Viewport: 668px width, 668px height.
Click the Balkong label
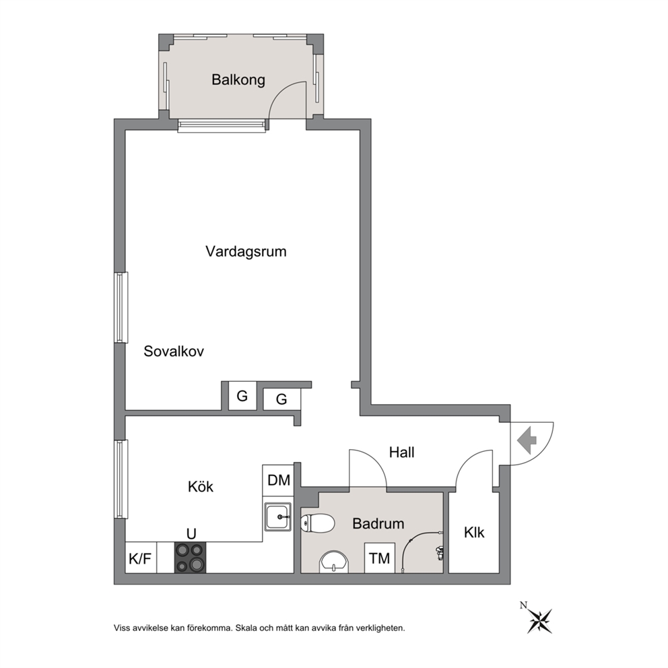pyautogui.click(x=238, y=79)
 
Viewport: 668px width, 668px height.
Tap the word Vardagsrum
pyautogui.click(x=246, y=251)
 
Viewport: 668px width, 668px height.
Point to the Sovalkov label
pyautogui.click(x=173, y=351)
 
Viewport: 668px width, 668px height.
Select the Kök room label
pyautogui.click(x=200, y=486)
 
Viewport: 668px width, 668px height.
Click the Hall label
pyautogui.click(x=401, y=452)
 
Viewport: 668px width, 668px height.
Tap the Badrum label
pyautogui.click(x=378, y=523)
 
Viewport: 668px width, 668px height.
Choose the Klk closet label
pyautogui.click(x=474, y=532)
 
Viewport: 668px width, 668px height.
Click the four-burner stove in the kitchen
pyautogui.click(x=190, y=558)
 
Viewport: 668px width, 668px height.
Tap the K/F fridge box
pyautogui.click(x=141, y=558)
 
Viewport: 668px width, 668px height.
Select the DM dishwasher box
pyautogui.click(x=278, y=480)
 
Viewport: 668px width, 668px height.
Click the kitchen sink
pyautogui.click(x=277, y=516)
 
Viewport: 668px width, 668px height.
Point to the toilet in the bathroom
pyautogui.click(x=317, y=523)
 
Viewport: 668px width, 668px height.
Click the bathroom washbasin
pyautogui.click(x=334, y=562)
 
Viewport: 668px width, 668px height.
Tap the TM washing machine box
pyautogui.click(x=380, y=558)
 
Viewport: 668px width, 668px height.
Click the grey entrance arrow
pyautogui.click(x=527, y=441)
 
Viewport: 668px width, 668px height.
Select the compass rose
pyautogui.click(x=540, y=621)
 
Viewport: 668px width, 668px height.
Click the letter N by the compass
pyautogui.click(x=523, y=605)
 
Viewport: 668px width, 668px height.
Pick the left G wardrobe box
pyautogui.click(x=242, y=396)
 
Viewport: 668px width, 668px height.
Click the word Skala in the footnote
pyautogui.click(x=246, y=628)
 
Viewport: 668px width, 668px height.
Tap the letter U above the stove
pyautogui.click(x=191, y=534)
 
